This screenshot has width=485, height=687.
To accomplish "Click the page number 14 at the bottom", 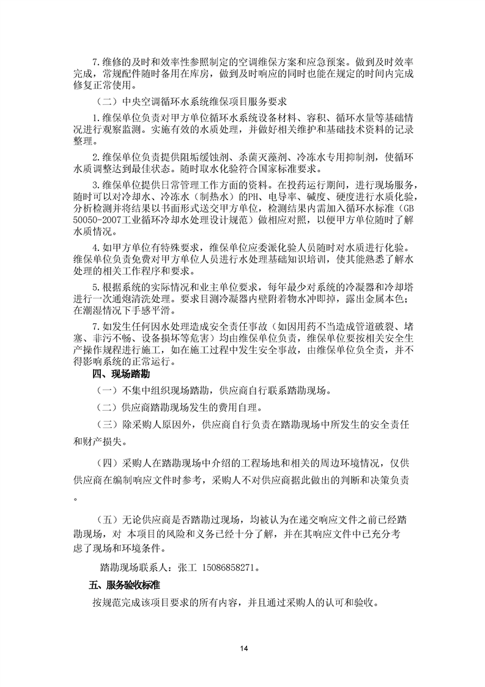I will point(243,648).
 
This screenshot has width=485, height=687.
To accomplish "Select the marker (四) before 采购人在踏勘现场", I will point(106,461).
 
